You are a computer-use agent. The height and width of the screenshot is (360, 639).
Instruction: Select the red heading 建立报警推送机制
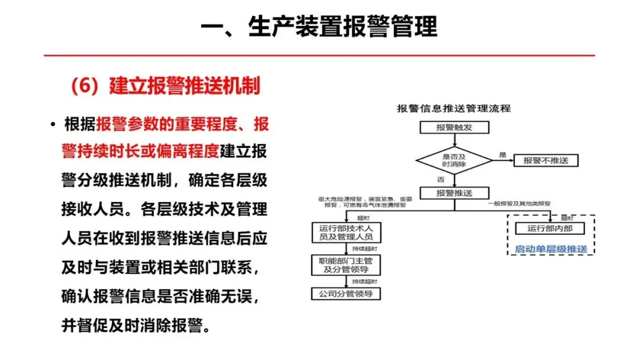tap(165, 86)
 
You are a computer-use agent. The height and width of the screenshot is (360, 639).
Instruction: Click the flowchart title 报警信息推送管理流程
tap(453, 108)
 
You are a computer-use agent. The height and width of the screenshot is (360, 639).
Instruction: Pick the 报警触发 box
tap(454, 127)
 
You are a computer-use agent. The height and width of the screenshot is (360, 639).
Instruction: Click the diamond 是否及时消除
tap(454, 160)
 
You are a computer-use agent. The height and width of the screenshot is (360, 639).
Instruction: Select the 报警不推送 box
tap(546, 160)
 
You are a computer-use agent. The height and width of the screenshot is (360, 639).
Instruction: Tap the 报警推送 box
tap(454, 193)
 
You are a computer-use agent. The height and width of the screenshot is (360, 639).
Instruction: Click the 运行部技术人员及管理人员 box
tap(346, 232)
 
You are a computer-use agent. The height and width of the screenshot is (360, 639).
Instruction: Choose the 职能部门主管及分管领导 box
tap(346, 265)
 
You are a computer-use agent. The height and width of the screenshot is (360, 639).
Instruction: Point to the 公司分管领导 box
tap(346, 293)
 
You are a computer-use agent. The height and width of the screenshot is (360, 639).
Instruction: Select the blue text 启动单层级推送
tap(551, 249)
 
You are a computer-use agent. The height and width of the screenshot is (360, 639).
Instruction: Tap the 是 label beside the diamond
tap(503, 155)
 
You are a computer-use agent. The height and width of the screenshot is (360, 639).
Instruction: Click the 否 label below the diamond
tap(440, 179)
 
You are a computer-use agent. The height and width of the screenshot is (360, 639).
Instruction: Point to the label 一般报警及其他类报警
tap(519, 204)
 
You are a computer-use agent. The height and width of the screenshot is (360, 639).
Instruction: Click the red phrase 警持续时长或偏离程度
tap(140, 151)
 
